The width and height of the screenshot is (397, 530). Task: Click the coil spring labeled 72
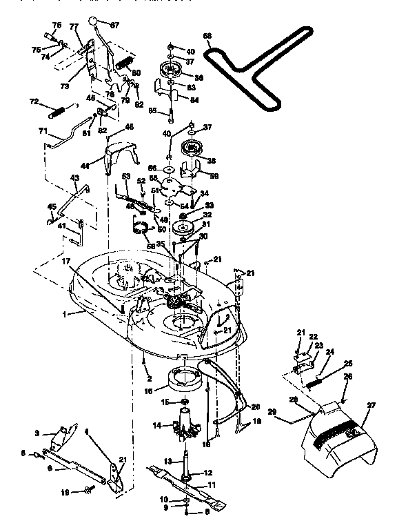click(61, 109)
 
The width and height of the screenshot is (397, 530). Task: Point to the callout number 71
click(43, 130)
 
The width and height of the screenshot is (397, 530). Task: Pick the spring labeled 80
click(125, 63)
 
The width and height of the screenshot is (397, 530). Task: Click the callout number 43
click(75, 178)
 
